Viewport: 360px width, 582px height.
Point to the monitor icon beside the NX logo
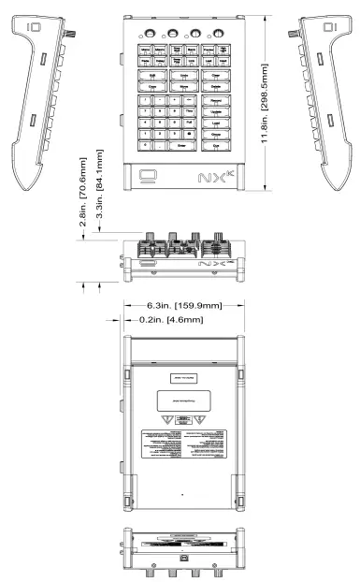point(146,174)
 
